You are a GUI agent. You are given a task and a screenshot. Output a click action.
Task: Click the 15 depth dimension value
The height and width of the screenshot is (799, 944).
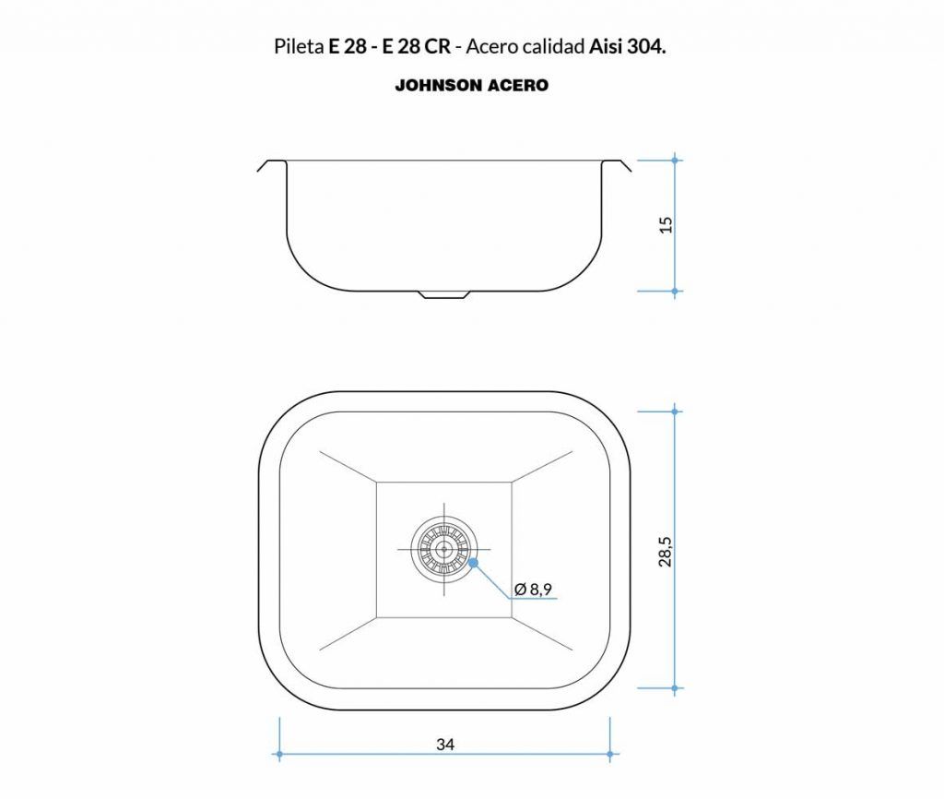click(x=666, y=225)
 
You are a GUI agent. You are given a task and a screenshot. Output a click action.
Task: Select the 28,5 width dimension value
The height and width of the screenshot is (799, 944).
click(x=666, y=551)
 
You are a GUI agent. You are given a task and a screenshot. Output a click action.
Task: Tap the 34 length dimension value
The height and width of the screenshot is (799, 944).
click(x=445, y=745)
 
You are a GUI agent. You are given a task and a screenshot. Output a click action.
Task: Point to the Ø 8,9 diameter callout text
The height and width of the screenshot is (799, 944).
click(x=534, y=589)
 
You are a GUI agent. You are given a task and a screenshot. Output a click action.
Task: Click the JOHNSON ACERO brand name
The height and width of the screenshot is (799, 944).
click(x=472, y=86)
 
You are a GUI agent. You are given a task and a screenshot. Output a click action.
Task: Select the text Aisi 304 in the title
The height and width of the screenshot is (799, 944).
click(x=626, y=46)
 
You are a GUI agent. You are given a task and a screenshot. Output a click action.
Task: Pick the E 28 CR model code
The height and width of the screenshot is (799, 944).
click(x=417, y=46)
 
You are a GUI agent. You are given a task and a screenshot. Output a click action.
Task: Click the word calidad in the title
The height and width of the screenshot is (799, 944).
click(x=554, y=46)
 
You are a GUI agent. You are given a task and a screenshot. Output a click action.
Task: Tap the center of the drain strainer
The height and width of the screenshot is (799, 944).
click(x=444, y=550)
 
